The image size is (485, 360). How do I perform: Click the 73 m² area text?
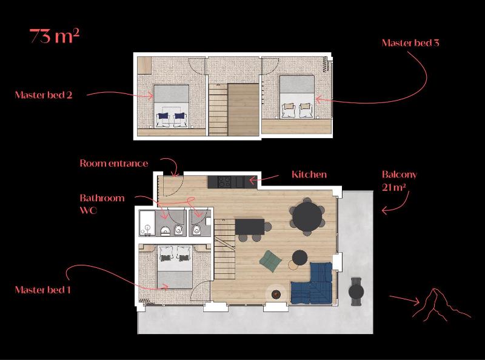click(x=55, y=36)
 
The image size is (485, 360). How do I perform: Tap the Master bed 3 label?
click(x=410, y=43)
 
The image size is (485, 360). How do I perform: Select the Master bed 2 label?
click(x=44, y=95)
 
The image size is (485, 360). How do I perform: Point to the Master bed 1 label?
click(x=43, y=290)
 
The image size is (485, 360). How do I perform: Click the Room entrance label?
click(x=113, y=163)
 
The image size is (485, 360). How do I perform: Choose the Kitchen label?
click(x=309, y=175)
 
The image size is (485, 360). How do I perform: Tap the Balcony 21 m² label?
click(x=400, y=181)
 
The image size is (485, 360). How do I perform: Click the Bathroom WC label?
click(x=102, y=204)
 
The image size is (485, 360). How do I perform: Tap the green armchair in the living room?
click(x=270, y=261)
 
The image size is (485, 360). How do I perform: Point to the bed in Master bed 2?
click(x=171, y=106)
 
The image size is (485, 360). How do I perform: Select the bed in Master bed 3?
click(x=296, y=96)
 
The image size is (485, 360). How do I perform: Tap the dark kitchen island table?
click(x=250, y=227)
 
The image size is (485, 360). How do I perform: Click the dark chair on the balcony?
click(x=356, y=292)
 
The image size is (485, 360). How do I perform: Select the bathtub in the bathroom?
click(x=148, y=223)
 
